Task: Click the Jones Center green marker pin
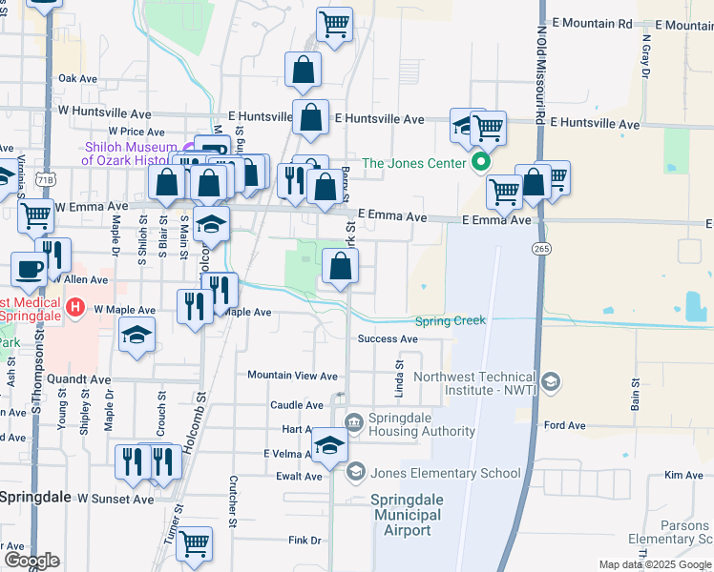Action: (481, 162)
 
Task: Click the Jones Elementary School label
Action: (445, 473)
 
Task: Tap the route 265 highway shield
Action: (539, 248)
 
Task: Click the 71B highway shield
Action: (44, 179)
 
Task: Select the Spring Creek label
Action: (450, 321)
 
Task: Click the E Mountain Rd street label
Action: (592, 23)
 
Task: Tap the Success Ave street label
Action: (388, 339)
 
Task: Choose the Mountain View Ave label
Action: (292, 377)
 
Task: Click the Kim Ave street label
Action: (683, 475)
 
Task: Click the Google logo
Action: (31, 561)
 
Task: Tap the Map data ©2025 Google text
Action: (654, 564)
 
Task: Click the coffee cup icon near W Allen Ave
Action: (28, 268)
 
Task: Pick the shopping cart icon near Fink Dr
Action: (195, 543)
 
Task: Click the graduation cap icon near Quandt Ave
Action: (137, 335)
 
